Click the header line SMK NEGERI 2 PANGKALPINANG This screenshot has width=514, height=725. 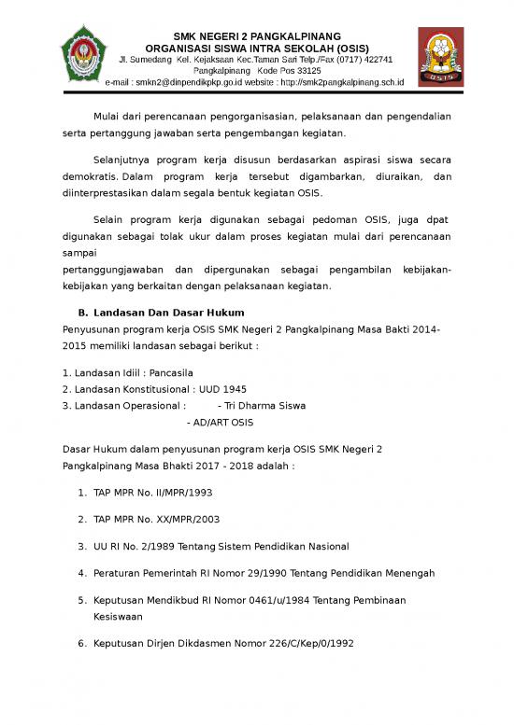click(x=258, y=35)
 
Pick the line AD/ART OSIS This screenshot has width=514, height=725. click(x=221, y=423)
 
